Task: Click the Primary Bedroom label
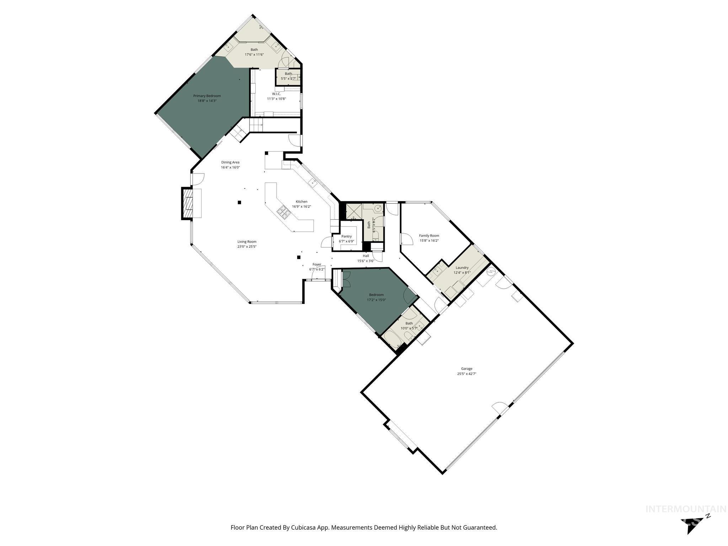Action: pyautogui.click(x=207, y=96)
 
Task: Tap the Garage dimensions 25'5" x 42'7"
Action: pyautogui.click(x=467, y=374)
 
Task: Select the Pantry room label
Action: pyautogui.click(x=346, y=236)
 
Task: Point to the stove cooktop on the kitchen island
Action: pyautogui.click(x=284, y=212)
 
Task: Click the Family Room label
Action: pyautogui.click(x=429, y=236)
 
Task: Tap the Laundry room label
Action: pyautogui.click(x=462, y=268)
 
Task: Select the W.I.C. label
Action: pyautogui.click(x=276, y=94)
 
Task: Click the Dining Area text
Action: pyautogui.click(x=230, y=162)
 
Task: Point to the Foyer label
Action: pyautogui.click(x=317, y=264)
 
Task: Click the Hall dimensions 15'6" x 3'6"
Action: pyautogui.click(x=366, y=261)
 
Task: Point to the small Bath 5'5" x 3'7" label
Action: pyautogui.click(x=288, y=74)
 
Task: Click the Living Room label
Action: pyautogui.click(x=247, y=242)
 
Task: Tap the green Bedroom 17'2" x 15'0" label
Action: pyautogui.click(x=376, y=295)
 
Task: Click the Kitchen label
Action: pyautogui.click(x=301, y=202)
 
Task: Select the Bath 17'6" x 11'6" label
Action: pyautogui.click(x=254, y=50)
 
